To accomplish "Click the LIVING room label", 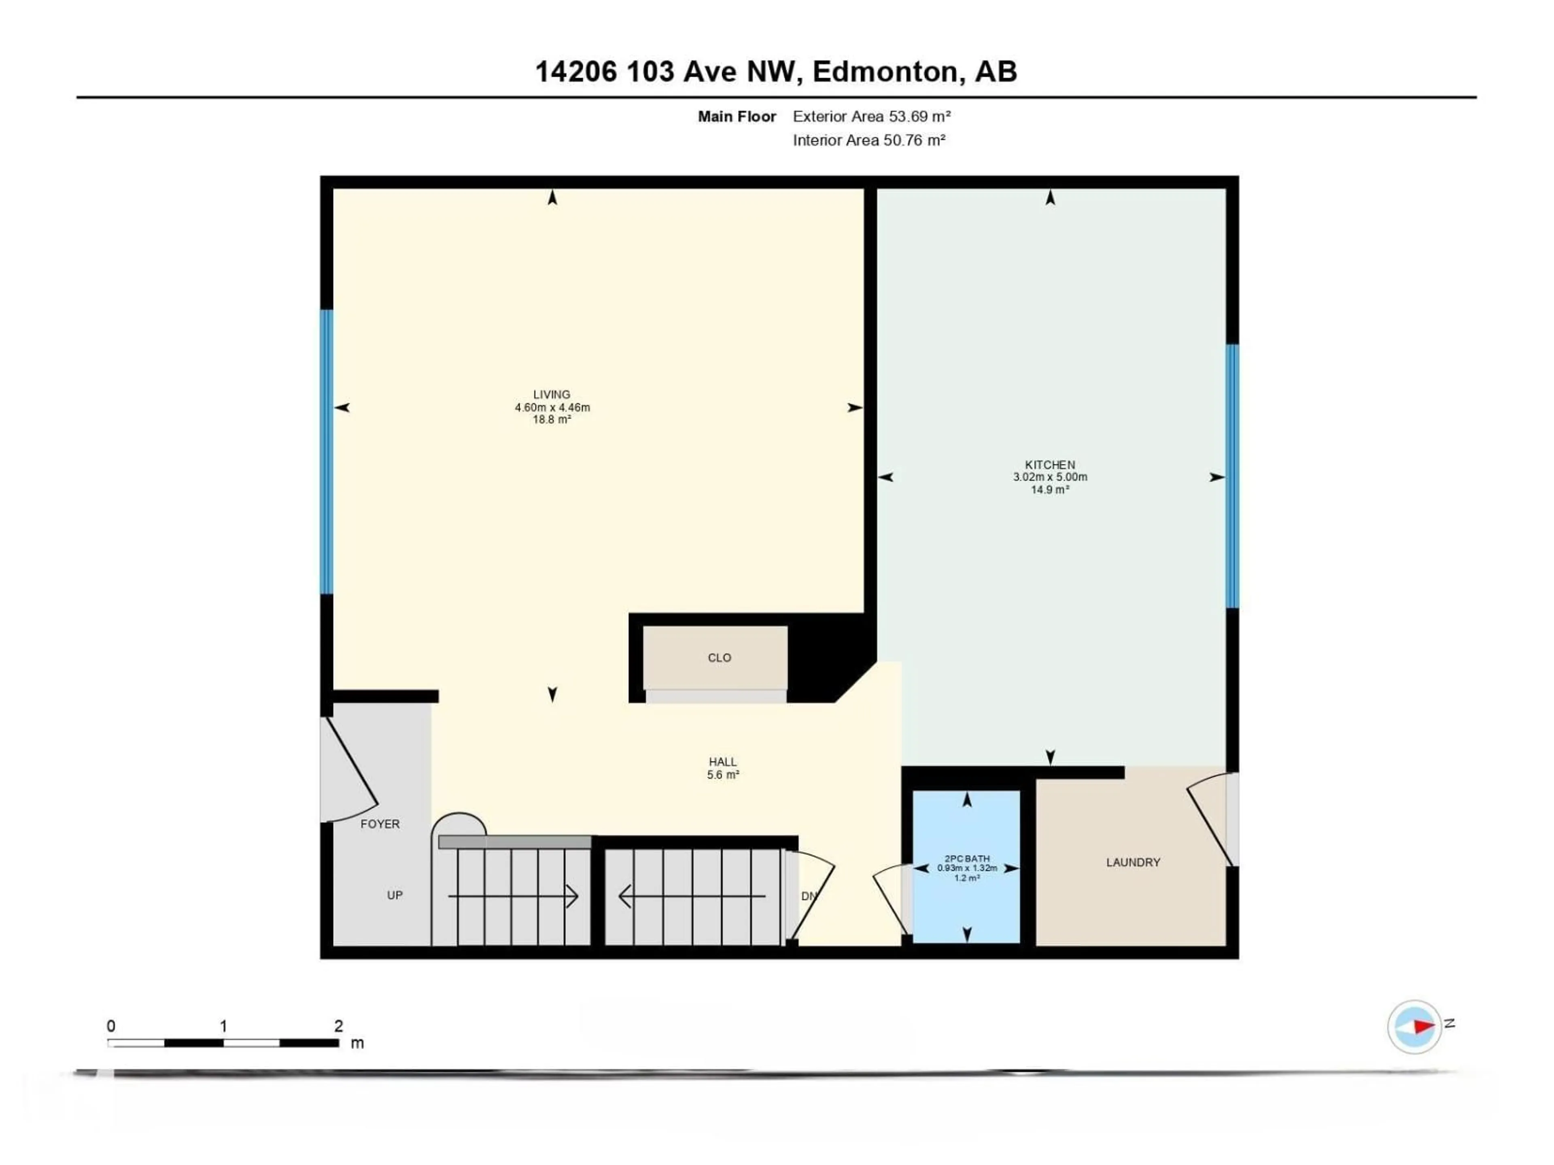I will point(552,395).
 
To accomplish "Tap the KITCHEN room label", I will point(1050,465).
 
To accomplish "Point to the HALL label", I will point(723,762).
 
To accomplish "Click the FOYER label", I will point(380,824).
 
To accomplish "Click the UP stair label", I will point(395,895).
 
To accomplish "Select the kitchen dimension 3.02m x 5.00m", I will point(1050,477).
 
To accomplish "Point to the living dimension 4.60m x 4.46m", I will point(552,407).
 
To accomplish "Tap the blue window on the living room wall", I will point(326,452).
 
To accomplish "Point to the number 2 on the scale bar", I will point(339,1026).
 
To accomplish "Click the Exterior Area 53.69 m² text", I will point(871,116).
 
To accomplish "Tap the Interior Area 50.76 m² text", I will point(869,140).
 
